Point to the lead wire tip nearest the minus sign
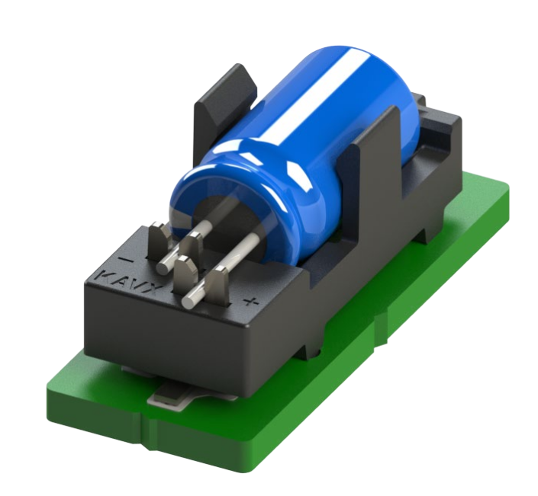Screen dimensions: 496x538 tap(164, 267)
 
